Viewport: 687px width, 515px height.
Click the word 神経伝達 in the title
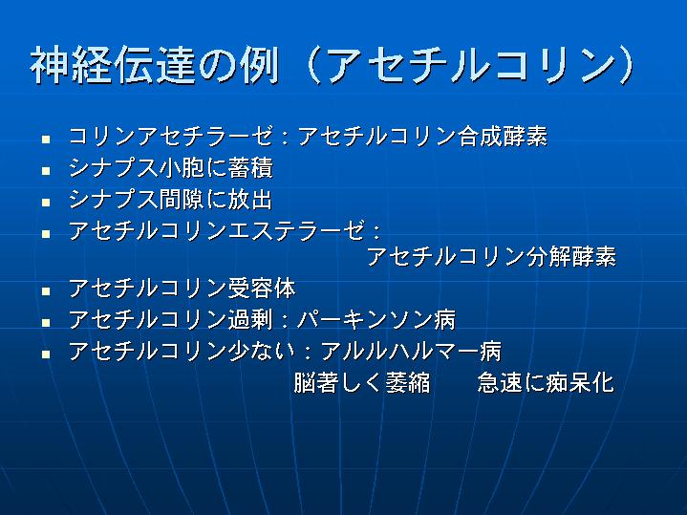point(112,65)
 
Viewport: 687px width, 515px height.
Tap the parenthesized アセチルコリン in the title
point(469,65)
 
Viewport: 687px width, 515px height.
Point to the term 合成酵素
point(503,137)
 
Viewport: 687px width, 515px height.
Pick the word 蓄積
point(250,168)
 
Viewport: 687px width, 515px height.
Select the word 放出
point(250,200)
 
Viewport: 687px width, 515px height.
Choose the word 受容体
point(262,289)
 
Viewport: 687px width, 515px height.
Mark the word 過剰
point(250,319)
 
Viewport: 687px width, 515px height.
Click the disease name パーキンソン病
point(376,319)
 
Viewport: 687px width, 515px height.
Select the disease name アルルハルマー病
point(411,351)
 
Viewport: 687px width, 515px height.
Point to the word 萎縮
point(407,382)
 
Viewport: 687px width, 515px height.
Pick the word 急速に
point(511,382)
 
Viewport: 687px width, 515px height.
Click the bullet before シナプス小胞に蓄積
point(46,171)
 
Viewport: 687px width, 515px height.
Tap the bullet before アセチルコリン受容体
point(46,291)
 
